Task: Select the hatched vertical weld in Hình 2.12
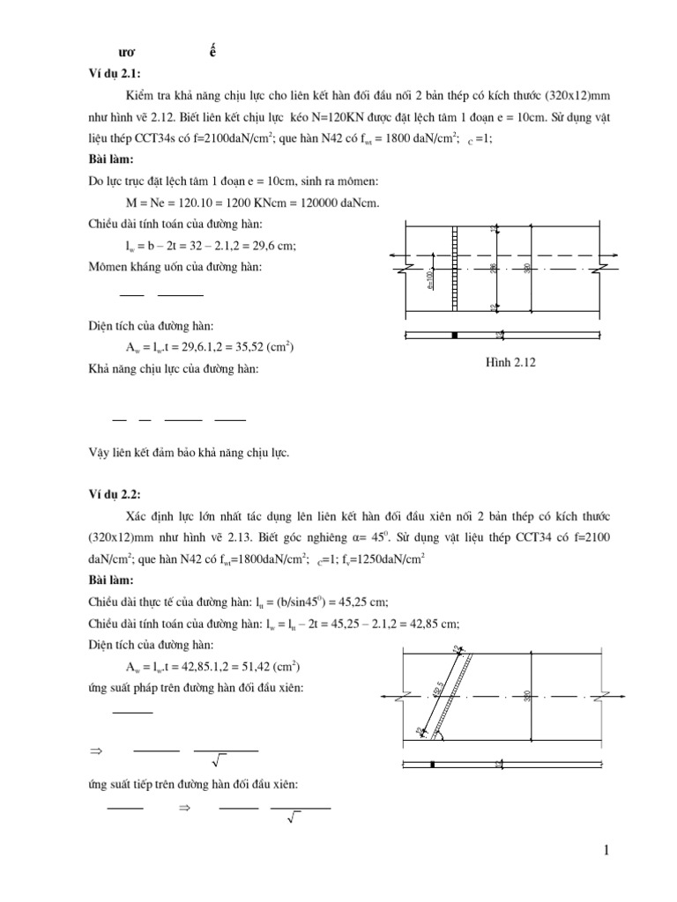(x=455, y=268)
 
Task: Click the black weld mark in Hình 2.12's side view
(x=455, y=336)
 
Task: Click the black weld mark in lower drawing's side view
(x=432, y=764)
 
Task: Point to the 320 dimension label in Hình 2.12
(x=527, y=268)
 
